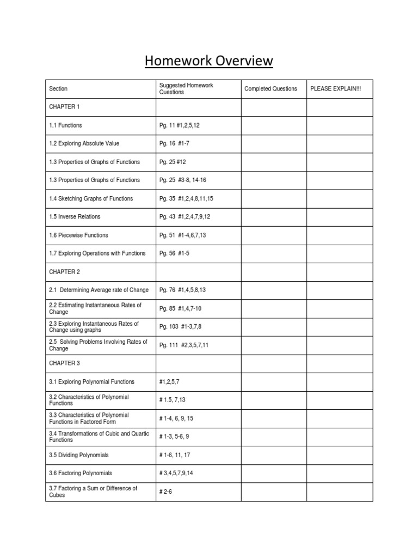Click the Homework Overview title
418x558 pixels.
[x=208, y=60]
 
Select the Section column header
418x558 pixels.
[x=58, y=89]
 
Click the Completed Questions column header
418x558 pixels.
[x=271, y=89]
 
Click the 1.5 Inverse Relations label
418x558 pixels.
[x=75, y=216]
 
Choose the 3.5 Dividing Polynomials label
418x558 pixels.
[x=79, y=454]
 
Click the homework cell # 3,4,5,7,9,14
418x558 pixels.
[x=176, y=473]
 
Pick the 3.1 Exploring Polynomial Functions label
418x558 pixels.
[x=91, y=381]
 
